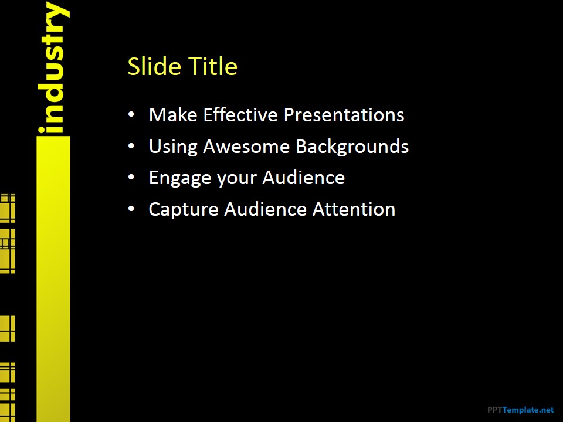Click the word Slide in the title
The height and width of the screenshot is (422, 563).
pos(154,66)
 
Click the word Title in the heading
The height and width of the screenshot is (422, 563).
pos(213,66)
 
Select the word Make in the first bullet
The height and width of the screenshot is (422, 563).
pos(173,115)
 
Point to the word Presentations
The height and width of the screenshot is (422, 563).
pos(344,115)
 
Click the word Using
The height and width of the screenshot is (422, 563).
pos(173,147)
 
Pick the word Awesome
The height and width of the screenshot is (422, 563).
pos(246,147)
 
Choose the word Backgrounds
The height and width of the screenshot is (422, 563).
pos(352,147)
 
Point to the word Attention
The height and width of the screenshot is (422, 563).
pos(354,209)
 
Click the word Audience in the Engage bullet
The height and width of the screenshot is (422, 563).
pos(303,178)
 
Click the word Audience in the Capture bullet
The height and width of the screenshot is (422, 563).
pos(265,209)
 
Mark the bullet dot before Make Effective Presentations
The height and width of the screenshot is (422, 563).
pos(131,115)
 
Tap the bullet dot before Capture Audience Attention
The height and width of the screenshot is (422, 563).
pos(131,209)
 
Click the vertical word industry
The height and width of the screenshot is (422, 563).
pos(53,67)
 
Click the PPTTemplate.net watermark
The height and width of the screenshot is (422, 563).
pos(521,410)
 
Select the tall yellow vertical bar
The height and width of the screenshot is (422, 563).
pos(53,279)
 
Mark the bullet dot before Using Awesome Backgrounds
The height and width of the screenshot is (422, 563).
pos(131,146)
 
